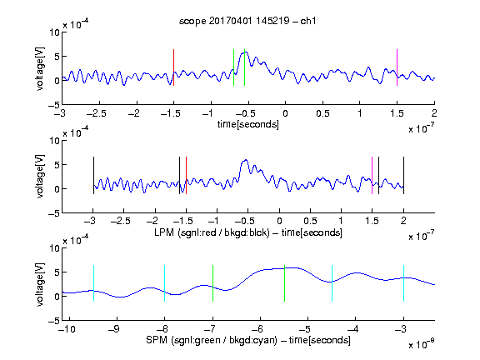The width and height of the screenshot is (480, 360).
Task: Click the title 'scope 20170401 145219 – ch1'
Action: pos(247,21)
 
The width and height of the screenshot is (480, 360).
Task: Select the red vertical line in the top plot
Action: pos(173,67)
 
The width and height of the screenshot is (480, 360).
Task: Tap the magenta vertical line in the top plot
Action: pos(397,67)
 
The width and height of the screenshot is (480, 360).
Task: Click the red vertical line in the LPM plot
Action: pos(186,175)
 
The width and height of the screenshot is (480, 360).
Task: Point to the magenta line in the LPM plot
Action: pos(372,175)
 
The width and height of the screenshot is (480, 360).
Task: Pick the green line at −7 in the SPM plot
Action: pos(212,283)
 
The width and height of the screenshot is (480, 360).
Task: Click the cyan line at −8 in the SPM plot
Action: pos(165,283)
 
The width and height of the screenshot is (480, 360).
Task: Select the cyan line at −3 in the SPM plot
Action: pos(404,283)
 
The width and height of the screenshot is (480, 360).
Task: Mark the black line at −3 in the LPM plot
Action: pos(93,175)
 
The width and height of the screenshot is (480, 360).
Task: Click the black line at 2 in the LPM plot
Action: pos(404,175)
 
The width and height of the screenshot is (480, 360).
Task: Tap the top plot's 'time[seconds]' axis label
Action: pos(248,124)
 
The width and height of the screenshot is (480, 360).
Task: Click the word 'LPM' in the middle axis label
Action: pos(164,232)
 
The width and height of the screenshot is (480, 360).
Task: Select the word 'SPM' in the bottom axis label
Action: pos(156,340)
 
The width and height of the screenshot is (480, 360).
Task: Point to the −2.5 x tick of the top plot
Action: pos(97,113)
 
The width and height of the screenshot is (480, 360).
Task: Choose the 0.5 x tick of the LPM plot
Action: pos(310,221)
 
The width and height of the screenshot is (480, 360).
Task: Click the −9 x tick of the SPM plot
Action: pos(114,329)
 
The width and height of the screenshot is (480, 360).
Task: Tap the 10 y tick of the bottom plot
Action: pos(55,248)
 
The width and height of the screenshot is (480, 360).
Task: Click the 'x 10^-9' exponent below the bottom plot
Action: pos(422,344)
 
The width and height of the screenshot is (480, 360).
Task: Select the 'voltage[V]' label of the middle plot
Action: pos(40,177)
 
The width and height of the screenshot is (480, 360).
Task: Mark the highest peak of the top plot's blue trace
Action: pos(246,52)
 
